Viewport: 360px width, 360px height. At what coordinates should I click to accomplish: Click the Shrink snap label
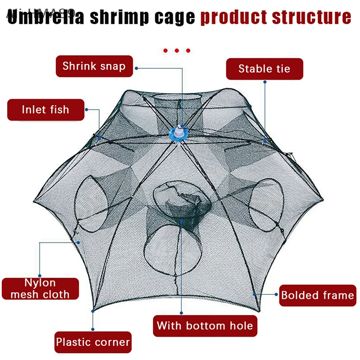coord(94,67)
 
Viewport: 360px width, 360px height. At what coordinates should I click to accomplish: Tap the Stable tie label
coord(264,69)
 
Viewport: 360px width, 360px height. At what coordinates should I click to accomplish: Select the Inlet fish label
coord(45,109)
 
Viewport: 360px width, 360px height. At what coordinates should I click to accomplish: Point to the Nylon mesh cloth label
coord(40,289)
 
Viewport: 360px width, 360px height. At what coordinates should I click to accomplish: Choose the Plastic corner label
coord(93,342)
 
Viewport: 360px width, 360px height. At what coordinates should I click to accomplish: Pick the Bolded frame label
coord(317,296)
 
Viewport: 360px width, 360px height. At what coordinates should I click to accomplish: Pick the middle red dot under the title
coord(177,50)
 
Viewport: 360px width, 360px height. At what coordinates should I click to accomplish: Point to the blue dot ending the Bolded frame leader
coord(255,293)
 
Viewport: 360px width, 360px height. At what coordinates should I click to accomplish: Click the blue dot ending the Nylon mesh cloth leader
coord(79,242)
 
